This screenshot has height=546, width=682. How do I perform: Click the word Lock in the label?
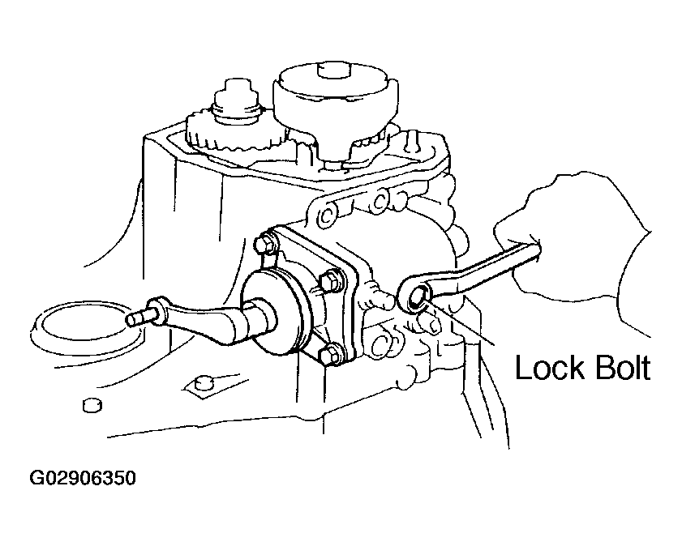pyautogui.click(x=550, y=368)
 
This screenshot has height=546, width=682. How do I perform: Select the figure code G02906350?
pyautogui.click(x=83, y=478)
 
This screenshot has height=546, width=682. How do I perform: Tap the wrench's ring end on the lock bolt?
pyautogui.click(x=415, y=295)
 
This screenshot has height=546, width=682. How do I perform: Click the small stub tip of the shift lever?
pyautogui.click(x=135, y=318)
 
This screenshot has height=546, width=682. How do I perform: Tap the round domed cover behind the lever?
pyautogui.click(x=278, y=315)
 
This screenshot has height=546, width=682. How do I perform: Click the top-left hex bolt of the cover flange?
pyautogui.click(x=265, y=244)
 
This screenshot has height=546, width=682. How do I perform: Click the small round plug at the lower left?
pyautogui.click(x=92, y=405)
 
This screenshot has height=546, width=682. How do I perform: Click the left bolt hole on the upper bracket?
pyautogui.click(x=325, y=215)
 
